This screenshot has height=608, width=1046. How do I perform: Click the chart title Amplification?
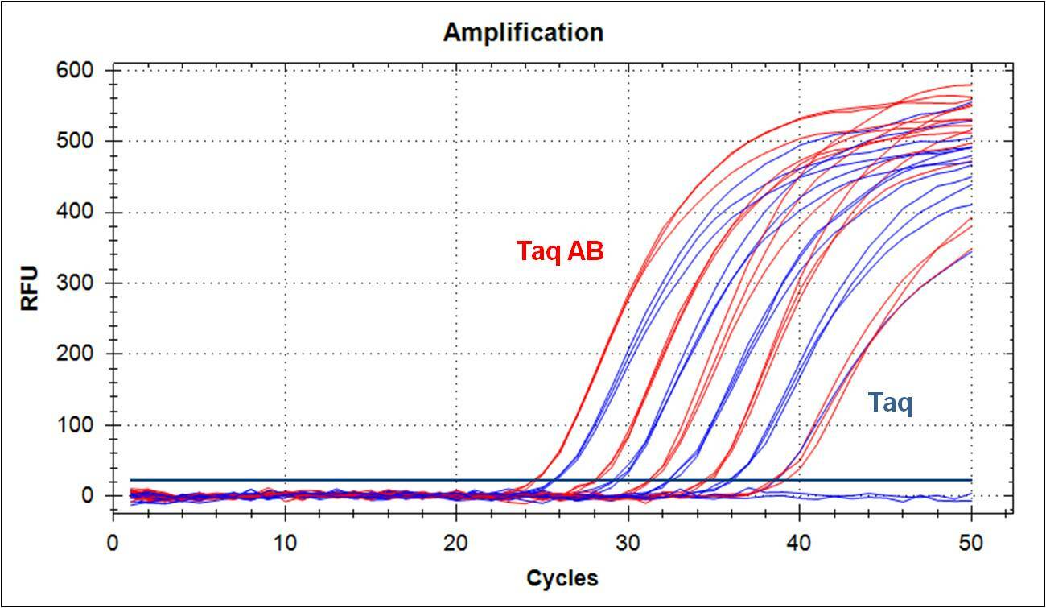coord(523,33)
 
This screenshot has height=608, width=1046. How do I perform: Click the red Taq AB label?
coord(559,252)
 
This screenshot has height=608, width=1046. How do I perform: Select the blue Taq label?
coord(889,402)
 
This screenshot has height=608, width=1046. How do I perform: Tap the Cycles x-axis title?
coord(562,578)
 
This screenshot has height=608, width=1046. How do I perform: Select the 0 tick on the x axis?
coord(113,542)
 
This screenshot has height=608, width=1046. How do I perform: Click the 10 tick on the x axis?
coord(285,542)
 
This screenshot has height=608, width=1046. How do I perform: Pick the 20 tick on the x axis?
coord(456,542)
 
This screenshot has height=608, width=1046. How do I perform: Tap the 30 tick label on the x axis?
coord(628,542)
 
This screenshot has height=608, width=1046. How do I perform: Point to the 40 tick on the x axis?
coord(799,542)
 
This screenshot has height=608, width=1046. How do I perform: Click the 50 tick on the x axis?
coord(971,542)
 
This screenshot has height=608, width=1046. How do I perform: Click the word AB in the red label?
coord(586,252)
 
